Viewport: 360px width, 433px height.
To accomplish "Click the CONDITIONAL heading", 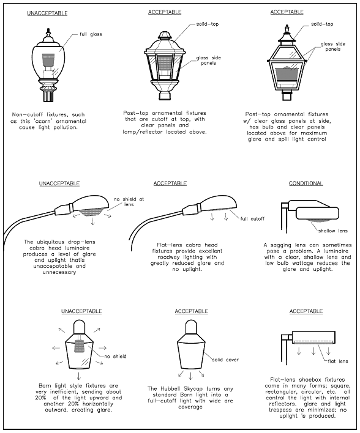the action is click(306, 183).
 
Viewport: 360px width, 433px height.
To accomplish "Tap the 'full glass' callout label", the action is click(91, 34).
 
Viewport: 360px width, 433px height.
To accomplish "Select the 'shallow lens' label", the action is click(332, 231).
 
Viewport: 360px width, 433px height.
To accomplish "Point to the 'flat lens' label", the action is click(337, 361).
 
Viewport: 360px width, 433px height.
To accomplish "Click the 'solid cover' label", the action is click(225, 360).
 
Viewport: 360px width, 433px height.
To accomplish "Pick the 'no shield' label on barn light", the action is click(115, 356).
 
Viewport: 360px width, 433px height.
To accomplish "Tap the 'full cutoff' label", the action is click(252, 219).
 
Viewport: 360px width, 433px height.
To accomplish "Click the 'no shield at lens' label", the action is click(129, 202).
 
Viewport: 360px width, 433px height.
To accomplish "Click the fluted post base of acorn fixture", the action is click(49, 94).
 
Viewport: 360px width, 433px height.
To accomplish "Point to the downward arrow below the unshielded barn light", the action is click(79, 376).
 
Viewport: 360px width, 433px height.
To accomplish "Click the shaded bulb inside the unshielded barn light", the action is click(80, 346).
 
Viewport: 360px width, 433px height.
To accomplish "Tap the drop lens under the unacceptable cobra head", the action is click(91, 213).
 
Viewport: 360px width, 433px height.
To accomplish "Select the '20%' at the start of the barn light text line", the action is click(40, 398).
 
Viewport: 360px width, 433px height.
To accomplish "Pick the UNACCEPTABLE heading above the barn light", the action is click(81, 311).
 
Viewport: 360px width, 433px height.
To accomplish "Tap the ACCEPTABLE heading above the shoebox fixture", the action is click(306, 311).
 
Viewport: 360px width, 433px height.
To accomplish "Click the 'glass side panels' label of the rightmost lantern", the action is click(333, 46).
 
